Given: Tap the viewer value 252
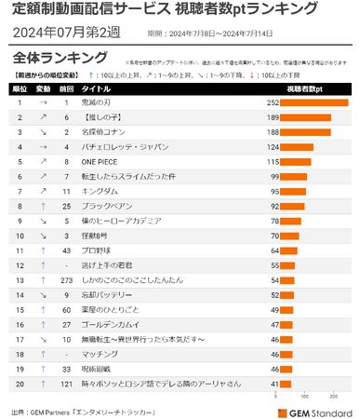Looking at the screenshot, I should point(273,102).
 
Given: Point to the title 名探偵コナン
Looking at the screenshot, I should point(104,132).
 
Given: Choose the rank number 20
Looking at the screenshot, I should point(19,383).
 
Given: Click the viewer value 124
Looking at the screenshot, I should point(273,147).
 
